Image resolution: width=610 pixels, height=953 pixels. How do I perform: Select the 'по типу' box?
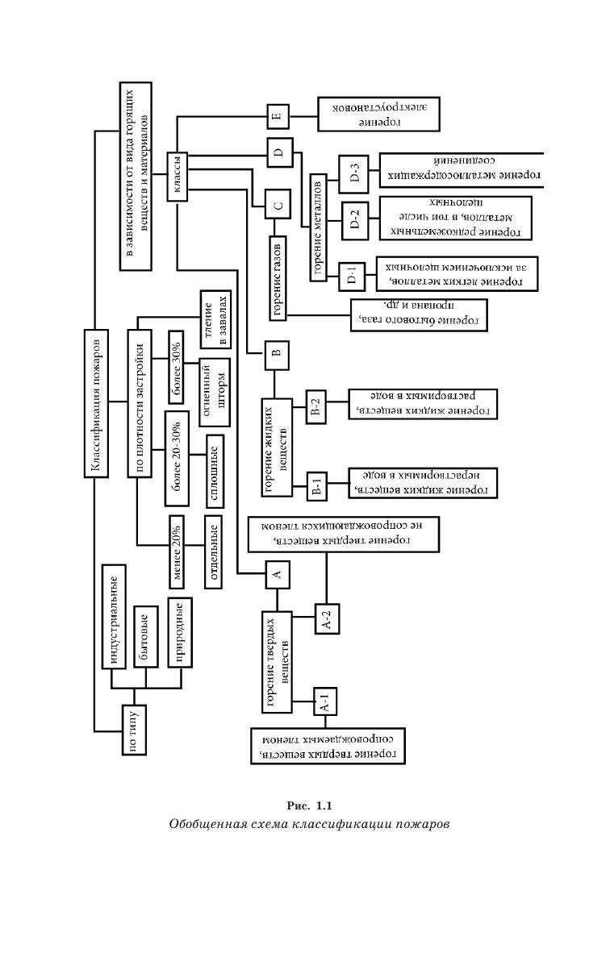134,730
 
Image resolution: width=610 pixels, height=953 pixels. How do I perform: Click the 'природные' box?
178,634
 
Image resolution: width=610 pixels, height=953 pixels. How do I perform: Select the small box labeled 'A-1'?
324,703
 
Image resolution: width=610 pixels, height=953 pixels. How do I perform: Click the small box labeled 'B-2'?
316,408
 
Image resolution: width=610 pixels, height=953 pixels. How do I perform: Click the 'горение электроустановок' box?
378,114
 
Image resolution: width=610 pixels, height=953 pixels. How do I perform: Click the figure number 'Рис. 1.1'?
309,806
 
